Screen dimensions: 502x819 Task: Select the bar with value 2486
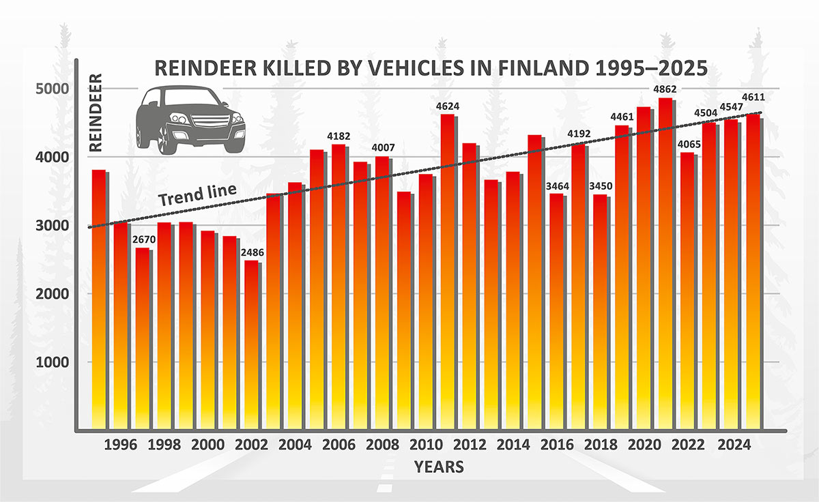coord(250,348)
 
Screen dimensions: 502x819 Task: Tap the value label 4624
coord(447,106)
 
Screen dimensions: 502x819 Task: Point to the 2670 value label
coord(142,240)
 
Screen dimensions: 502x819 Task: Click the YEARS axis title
coord(439,467)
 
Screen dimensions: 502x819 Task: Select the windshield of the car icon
coord(185,98)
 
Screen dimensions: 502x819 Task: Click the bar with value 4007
coord(382,293)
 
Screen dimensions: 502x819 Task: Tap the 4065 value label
coord(687,145)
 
